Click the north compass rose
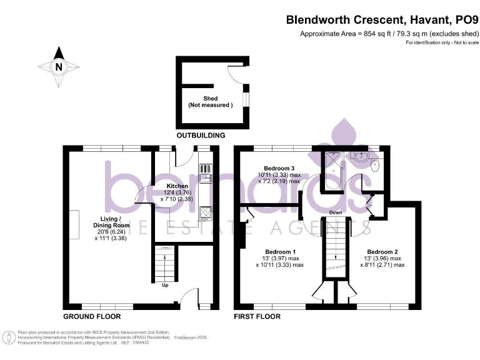(x=58, y=66)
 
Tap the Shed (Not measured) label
(x=210, y=101)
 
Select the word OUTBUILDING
(x=201, y=136)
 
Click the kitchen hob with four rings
(x=206, y=214)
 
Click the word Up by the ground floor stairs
(x=165, y=286)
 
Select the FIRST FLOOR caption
(x=257, y=316)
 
